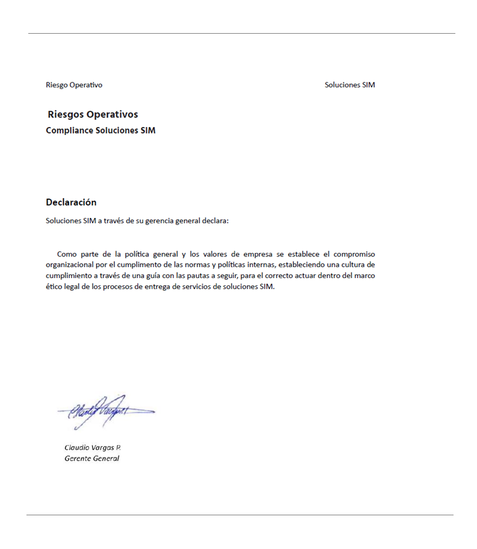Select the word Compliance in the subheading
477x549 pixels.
coord(70,130)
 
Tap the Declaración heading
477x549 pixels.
coord(71,202)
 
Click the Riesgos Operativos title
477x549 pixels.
coord(93,114)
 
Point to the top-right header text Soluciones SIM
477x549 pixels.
coord(349,85)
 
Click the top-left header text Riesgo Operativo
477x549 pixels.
coord(74,85)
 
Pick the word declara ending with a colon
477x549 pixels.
coord(215,220)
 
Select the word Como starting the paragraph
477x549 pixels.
coord(67,254)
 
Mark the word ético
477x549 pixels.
coord(55,287)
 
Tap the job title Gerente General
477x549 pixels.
coord(91,459)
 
